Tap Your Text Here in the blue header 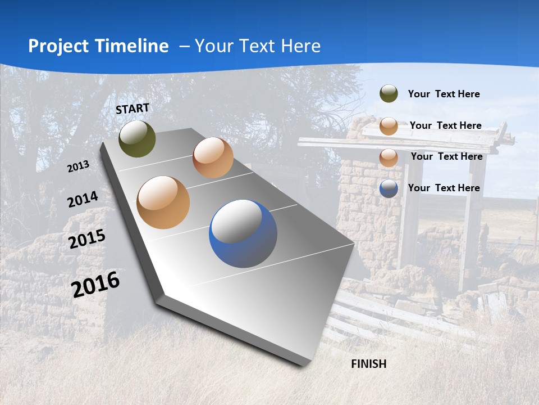click(x=258, y=46)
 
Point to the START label click(x=133, y=109)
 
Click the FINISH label click(x=369, y=364)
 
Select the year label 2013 click(x=78, y=166)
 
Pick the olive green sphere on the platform click(x=137, y=139)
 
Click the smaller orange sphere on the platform click(x=213, y=157)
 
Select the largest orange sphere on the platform click(x=163, y=202)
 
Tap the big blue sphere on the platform click(x=243, y=233)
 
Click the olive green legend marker click(x=389, y=94)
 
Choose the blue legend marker click(x=389, y=188)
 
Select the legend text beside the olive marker click(x=444, y=94)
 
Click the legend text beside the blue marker click(x=444, y=188)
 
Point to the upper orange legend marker click(x=389, y=126)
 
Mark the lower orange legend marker click(x=389, y=157)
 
